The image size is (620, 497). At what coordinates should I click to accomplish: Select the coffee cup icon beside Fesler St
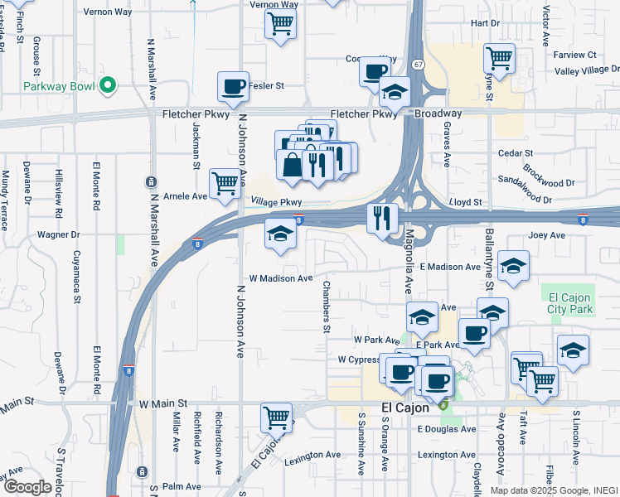point(233,85)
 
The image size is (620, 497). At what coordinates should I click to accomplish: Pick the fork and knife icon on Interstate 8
point(381,218)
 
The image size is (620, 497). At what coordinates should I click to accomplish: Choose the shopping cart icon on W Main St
point(276,417)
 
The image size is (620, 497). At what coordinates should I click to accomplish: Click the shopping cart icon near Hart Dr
point(499,58)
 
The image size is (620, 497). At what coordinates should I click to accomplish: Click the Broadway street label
point(438,113)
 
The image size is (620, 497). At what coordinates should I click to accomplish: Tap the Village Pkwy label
point(274,201)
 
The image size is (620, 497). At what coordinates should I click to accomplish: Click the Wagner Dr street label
point(58,235)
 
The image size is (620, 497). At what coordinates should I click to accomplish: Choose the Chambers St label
point(327,307)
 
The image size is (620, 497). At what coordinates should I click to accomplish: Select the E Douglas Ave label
point(447,429)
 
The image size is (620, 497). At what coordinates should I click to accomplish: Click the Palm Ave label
point(183,486)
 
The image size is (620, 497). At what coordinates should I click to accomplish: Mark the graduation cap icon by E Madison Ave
point(514,267)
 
